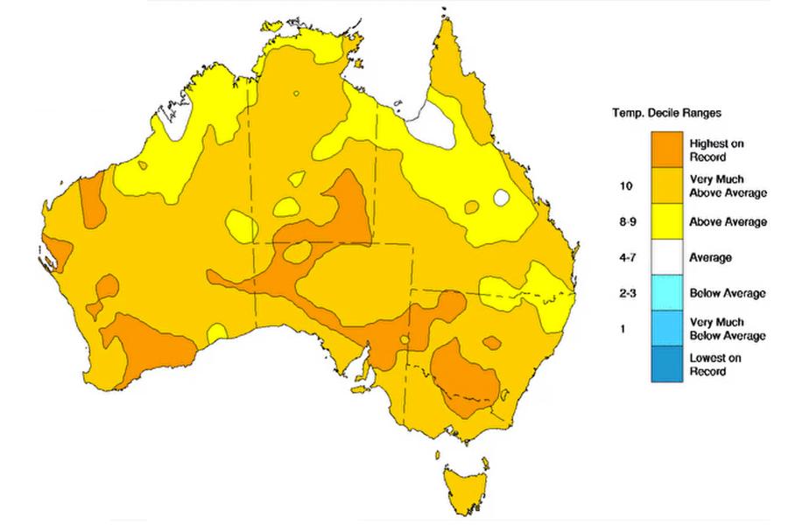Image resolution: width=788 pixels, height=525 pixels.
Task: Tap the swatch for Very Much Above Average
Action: pyautogui.click(x=665, y=185)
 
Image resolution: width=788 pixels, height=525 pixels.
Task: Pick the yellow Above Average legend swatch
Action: pyautogui.click(x=665, y=221)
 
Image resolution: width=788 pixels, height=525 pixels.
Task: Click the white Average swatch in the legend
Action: pyautogui.click(x=665, y=257)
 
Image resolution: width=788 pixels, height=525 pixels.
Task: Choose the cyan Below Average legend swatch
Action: pyautogui.click(x=665, y=293)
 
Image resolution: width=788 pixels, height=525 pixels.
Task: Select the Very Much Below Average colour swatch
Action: pyautogui.click(x=665, y=328)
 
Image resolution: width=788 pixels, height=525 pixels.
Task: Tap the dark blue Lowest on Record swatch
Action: pyautogui.click(x=665, y=364)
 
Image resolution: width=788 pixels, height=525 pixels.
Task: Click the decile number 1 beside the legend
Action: pyautogui.click(x=623, y=329)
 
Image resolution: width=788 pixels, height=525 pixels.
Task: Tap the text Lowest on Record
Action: pyautogui.click(x=714, y=364)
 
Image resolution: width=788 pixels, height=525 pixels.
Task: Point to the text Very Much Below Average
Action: pyautogui.click(x=727, y=329)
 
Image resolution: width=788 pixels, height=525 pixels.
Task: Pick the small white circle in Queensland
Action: pyautogui.click(x=502, y=198)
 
